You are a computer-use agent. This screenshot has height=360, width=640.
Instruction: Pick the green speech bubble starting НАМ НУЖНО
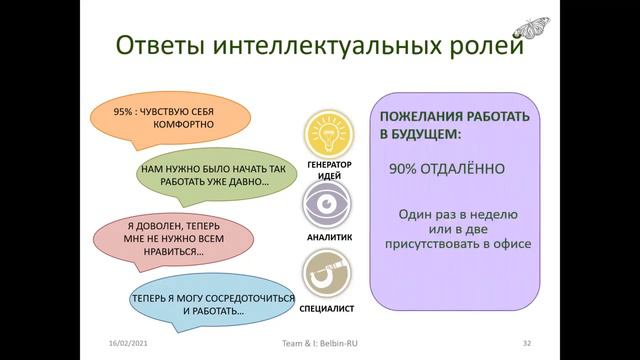[x=215, y=176]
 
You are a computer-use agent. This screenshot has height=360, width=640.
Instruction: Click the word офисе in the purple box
[x=507, y=243]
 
